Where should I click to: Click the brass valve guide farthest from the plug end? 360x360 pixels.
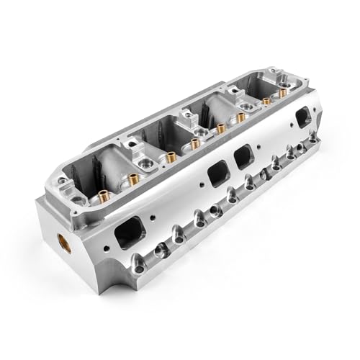coord(266,102)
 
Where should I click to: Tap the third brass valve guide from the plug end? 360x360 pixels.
coord(195,143)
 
